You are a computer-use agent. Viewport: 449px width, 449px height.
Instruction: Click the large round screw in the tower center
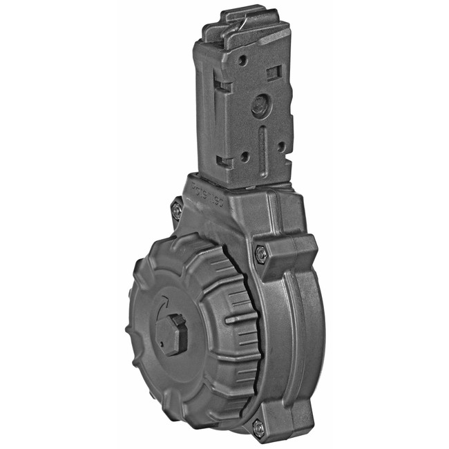tap(260, 106)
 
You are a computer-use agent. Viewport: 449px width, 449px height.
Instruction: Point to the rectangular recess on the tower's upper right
tap(274, 72)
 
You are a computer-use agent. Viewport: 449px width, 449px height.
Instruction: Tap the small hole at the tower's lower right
tap(281, 146)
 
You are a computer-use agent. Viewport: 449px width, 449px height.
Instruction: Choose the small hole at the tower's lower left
tap(245, 157)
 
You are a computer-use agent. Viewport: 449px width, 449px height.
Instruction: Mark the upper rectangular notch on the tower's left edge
tap(222, 86)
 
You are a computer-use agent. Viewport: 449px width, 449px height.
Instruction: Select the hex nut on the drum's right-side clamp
tap(260, 254)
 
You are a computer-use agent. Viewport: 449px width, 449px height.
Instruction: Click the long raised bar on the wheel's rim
tap(238, 320)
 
